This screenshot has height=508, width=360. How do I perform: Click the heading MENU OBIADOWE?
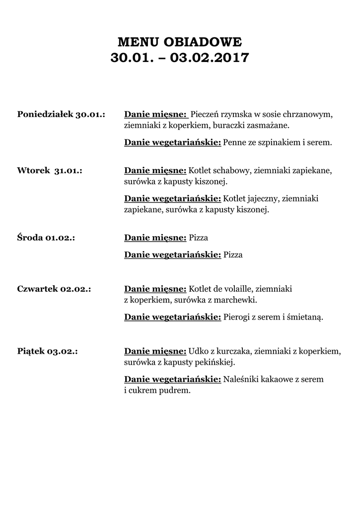pos(180,41)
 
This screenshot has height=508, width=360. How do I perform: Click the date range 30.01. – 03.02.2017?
pos(180,58)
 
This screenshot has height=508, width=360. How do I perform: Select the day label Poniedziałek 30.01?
pos(61,115)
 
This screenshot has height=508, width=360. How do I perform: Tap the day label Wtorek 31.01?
pos(50,171)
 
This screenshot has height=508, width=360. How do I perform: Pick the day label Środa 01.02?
pos(46,238)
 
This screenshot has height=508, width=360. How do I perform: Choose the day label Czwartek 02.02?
pos(54,288)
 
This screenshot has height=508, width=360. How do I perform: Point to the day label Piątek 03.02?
pos(48,352)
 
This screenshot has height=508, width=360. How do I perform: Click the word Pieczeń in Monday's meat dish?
pos(206,115)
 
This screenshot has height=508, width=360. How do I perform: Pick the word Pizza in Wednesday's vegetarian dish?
pos(233,255)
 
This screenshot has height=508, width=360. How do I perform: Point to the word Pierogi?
pos(237,317)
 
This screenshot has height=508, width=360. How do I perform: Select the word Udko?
pos(198,352)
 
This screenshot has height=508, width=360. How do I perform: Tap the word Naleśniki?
pos(241,380)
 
